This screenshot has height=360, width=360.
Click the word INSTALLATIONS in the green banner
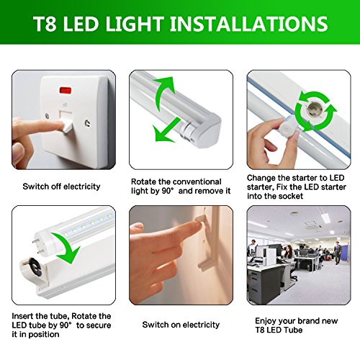249,24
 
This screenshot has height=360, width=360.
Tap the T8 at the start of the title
45,24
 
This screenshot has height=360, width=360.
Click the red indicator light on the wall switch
66,91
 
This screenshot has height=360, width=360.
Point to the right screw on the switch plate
88,123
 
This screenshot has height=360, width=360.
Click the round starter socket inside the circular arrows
314,111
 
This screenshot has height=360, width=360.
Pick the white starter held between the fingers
287,126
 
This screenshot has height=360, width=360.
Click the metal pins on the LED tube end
38,246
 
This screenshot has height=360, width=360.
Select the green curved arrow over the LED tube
67,247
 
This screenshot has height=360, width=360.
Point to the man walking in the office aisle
338,253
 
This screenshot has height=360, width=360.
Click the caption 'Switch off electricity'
61,186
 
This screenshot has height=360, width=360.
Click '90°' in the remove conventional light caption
168,191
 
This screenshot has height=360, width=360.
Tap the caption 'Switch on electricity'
181,325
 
